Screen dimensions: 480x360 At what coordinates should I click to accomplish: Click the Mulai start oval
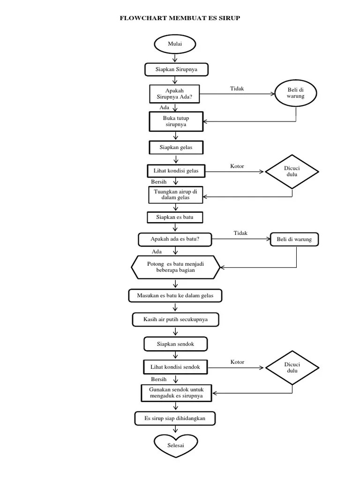[x=175, y=44]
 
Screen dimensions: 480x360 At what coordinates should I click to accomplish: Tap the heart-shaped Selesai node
[x=176, y=445]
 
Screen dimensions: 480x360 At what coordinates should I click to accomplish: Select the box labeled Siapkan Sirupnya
[x=176, y=69]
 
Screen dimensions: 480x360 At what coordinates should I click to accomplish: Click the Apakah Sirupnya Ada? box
[x=175, y=94]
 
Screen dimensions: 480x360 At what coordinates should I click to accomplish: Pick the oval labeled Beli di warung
[x=296, y=93]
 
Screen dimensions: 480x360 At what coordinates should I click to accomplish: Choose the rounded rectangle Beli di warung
[x=294, y=240]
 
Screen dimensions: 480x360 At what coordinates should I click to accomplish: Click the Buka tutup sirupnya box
[x=176, y=121]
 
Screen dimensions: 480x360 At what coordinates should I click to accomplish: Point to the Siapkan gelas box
[x=176, y=147]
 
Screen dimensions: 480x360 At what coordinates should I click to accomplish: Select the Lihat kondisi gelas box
[x=176, y=171]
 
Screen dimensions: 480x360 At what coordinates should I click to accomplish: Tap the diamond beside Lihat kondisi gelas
[x=292, y=172]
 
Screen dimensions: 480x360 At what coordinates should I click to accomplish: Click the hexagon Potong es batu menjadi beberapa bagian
[x=175, y=267]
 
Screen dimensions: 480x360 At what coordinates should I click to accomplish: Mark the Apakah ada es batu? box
[x=175, y=240]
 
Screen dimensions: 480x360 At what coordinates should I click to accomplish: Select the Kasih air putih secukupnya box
[x=175, y=320]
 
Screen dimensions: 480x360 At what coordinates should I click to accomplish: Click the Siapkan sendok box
[x=175, y=344]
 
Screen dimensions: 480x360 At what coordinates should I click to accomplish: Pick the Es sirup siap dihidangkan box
[x=175, y=418]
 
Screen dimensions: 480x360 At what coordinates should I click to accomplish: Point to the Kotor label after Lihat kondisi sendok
[x=237, y=362]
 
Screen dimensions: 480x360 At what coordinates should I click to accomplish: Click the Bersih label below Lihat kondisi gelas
[x=159, y=182]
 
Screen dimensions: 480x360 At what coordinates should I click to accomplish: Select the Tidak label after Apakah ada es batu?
[x=240, y=233]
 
